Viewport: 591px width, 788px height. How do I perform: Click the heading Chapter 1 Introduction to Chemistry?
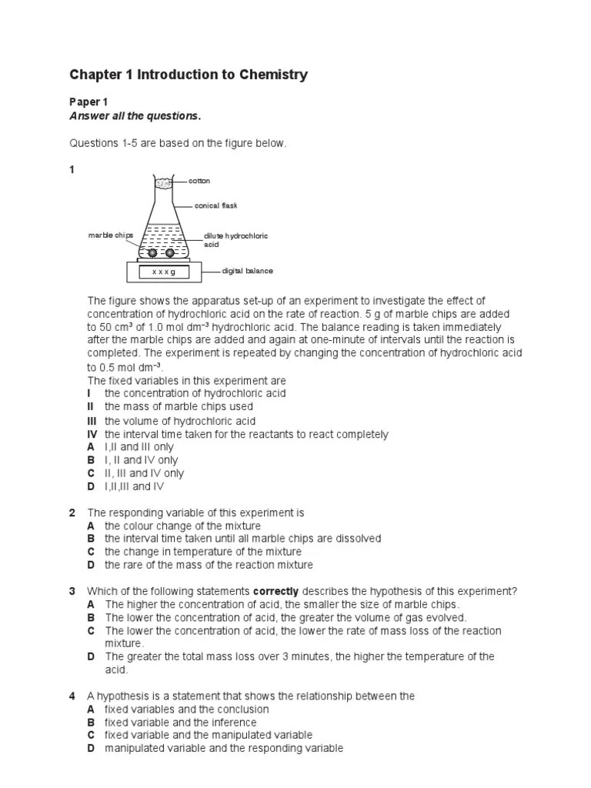[189, 75]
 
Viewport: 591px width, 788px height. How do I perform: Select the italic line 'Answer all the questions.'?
[135, 116]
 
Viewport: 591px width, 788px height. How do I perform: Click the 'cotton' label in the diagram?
[199, 181]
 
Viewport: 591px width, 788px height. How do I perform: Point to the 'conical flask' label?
[217, 205]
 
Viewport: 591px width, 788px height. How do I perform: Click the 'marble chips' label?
[111, 235]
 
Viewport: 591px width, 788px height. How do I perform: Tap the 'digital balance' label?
[247, 271]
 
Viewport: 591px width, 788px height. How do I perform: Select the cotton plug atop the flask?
[163, 183]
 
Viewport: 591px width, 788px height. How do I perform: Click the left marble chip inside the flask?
[152, 253]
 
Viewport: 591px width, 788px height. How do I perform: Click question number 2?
[72, 513]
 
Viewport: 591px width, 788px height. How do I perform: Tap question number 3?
[72, 591]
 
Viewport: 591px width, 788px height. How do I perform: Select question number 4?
[72, 696]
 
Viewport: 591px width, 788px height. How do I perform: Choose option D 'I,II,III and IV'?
[134, 486]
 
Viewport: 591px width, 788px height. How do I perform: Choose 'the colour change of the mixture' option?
[172, 526]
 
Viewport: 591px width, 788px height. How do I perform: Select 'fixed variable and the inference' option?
[181, 722]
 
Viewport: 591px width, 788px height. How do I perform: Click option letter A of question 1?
[91, 447]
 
